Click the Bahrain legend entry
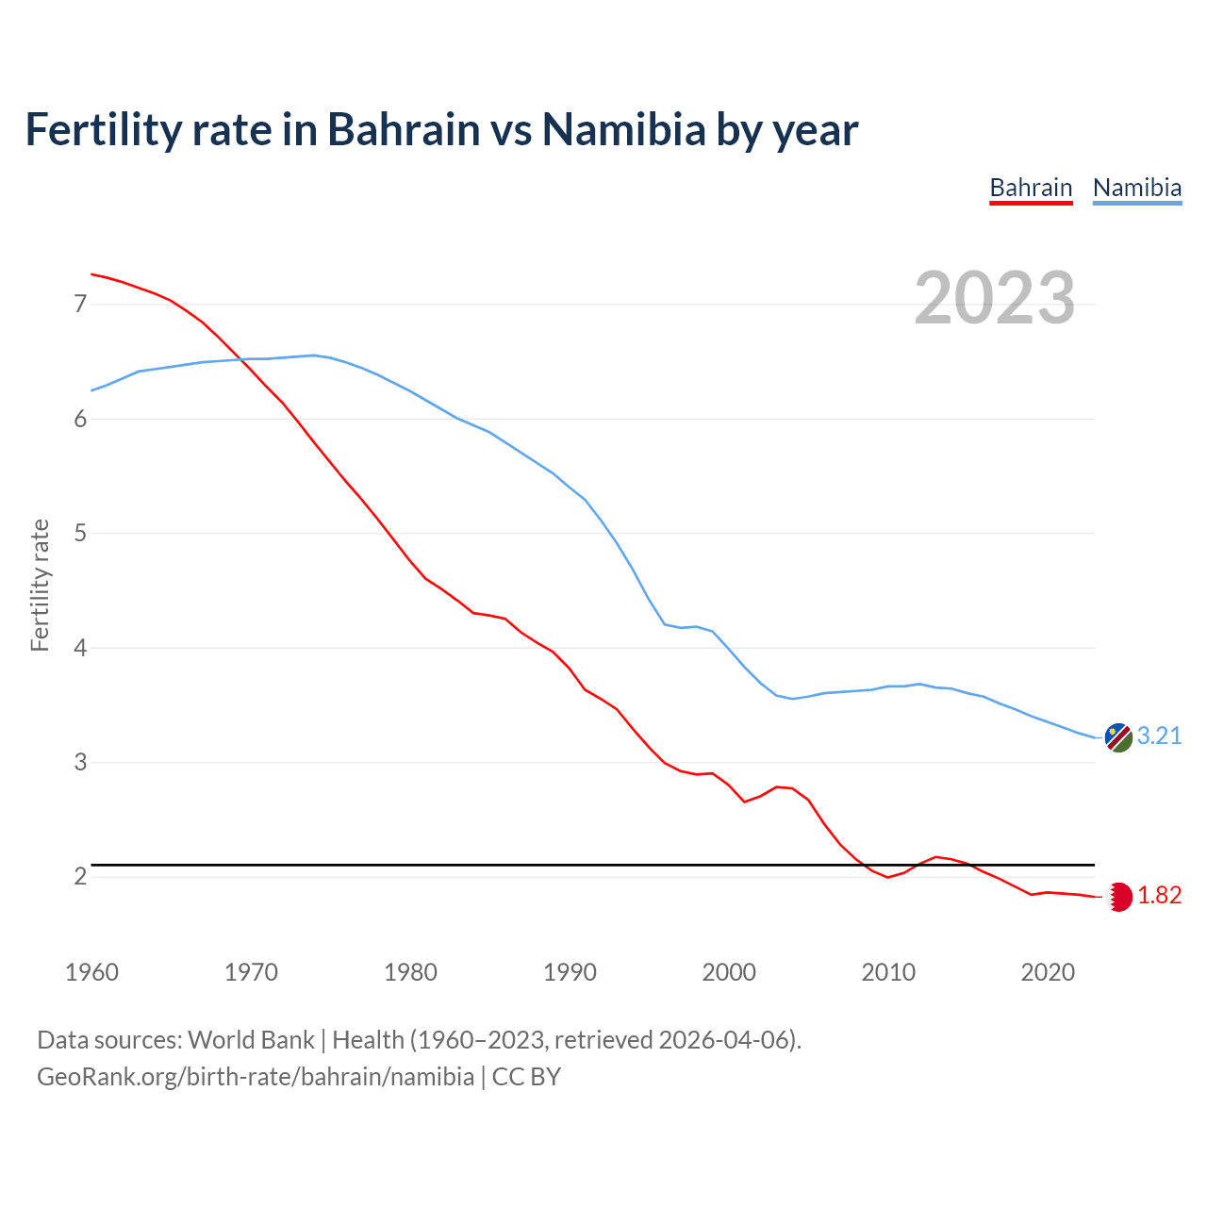[x=1031, y=188]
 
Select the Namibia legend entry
[x=1136, y=188]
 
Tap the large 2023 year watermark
[x=994, y=298]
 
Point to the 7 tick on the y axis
[x=80, y=304]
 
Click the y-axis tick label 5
[x=80, y=533]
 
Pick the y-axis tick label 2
[x=80, y=876]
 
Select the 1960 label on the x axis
[x=91, y=972]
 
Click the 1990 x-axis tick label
[x=570, y=972]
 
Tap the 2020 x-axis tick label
[x=1048, y=972]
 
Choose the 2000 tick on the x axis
[x=729, y=972]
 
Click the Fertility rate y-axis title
[x=40, y=585]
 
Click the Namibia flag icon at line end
[x=1118, y=737]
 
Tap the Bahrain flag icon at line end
[x=1118, y=897]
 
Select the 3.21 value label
[x=1159, y=736]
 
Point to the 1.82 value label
[x=1159, y=896]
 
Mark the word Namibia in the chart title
[x=623, y=129]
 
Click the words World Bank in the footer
[x=251, y=1040]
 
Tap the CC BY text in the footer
[x=526, y=1077]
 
